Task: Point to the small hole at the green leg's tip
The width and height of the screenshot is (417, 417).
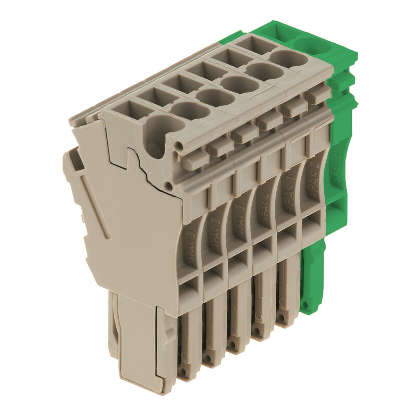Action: coord(311,304)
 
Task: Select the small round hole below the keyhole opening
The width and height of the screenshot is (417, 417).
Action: coord(168,186)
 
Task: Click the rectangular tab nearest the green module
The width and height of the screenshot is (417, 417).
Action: coord(318,95)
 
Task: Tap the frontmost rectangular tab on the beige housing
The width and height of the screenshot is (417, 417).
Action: coord(196,159)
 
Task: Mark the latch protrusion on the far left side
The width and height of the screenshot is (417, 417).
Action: coord(73,159)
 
